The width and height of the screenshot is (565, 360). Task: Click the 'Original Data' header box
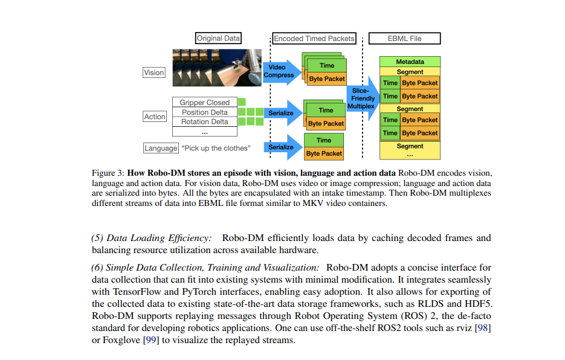218,38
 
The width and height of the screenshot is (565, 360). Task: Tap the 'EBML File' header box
404,38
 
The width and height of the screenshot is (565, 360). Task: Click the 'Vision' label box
153,72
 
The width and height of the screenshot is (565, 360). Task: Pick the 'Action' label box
155,117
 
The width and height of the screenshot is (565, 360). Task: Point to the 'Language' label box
161,148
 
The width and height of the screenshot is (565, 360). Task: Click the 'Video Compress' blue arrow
280,71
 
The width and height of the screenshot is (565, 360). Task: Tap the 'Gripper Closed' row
204,103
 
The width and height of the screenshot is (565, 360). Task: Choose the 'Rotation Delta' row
204,121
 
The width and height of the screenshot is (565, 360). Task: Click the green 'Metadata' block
410,62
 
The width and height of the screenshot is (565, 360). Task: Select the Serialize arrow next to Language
282,147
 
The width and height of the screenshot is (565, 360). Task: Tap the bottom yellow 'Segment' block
410,146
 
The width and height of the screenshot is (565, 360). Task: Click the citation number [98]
481,329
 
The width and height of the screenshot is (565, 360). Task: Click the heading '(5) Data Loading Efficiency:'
151,238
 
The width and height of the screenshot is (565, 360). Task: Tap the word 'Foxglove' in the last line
120,340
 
